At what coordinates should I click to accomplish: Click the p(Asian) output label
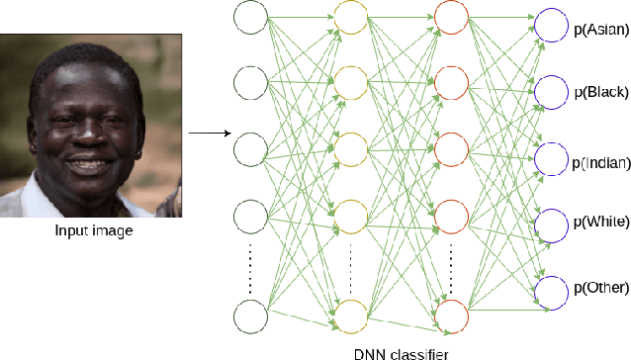(x=600, y=30)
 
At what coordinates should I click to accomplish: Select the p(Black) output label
(x=599, y=93)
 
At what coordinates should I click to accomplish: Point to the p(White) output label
(x=600, y=224)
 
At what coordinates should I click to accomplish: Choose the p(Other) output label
(x=600, y=289)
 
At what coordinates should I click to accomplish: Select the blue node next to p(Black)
(x=551, y=91)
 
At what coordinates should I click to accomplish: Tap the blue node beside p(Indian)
(x=551, y=158)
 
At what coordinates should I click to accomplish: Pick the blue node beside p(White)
(x=551, y=225)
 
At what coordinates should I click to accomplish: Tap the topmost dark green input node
(x=251, y=17)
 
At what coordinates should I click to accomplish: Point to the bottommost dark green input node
(x=251, y=317)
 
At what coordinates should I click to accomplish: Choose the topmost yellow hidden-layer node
(x=350, y=17)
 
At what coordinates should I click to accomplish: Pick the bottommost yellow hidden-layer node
(x=350, y=317)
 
